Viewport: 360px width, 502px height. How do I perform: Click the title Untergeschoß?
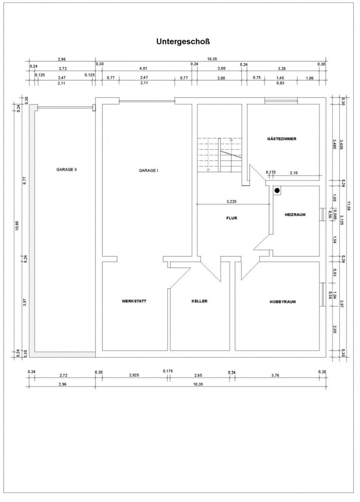[x=183, y=42]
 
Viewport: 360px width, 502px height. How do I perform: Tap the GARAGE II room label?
[x=66, y=170]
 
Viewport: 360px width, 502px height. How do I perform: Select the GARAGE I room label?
[x=148, y=170]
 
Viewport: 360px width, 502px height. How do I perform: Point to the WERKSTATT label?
[x=134, y=301]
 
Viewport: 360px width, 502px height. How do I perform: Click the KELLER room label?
[x=200, y=301]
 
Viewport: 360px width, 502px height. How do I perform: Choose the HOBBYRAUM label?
[x=283, y=302]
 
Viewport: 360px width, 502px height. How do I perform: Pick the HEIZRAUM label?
[x=295, y=215]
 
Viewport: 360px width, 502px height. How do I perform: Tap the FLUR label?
[x=232, y=218]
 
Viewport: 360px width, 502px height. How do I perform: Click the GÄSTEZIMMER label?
[x=282, y=139]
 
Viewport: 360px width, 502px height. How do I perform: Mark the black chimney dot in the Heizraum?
[x=277, y=191]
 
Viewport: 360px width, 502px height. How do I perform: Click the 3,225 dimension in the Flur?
[x=231, y=202]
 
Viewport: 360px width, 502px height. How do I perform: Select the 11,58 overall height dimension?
[x=348, y=206]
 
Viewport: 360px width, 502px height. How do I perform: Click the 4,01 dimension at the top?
[x=143, y=69]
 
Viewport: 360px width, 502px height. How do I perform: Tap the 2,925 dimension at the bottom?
[x=134, y=375]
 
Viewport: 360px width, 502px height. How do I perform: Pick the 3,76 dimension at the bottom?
[x=275, y=375]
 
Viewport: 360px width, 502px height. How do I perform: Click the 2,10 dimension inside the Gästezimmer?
[x=294, y=173]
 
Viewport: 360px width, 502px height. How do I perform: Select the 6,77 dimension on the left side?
[x=25, y=181]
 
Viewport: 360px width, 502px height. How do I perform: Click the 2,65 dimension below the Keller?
[x=199, y=375]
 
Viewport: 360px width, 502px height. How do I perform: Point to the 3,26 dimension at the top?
[x=282, y=69]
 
